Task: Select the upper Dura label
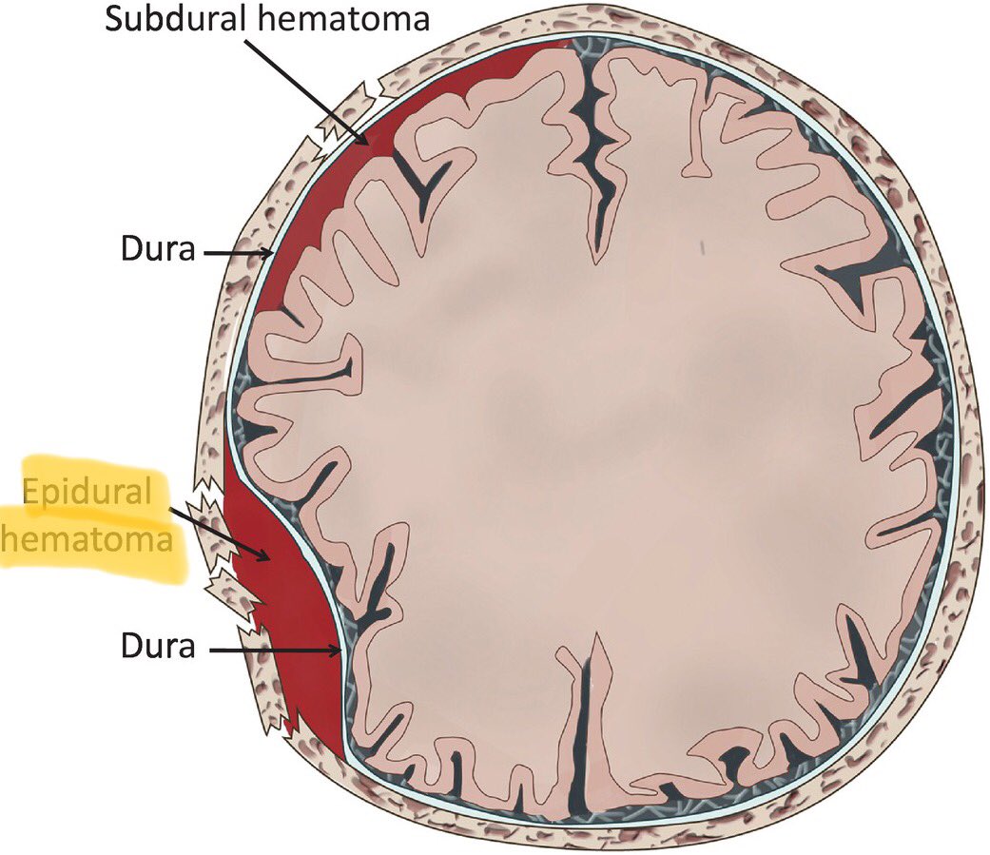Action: point(158,252)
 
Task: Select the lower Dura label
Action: point(158,647)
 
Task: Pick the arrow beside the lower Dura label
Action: point(276,651)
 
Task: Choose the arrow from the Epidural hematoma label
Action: point(219,533)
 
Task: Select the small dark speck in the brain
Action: point(701,248)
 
